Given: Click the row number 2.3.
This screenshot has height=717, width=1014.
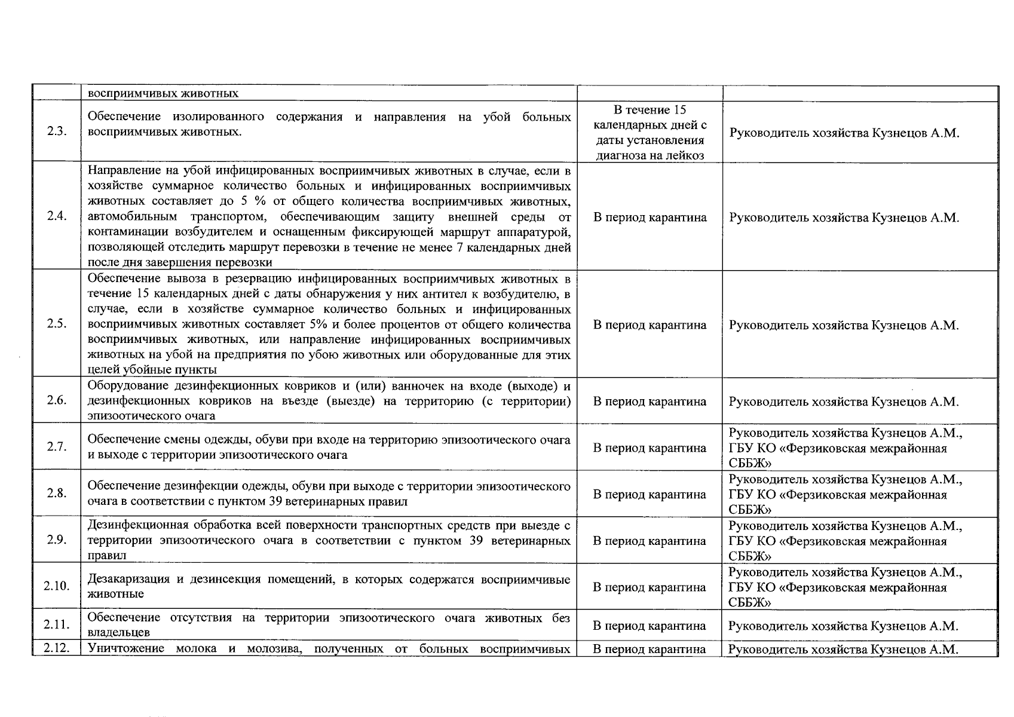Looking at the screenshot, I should tap(56, 132).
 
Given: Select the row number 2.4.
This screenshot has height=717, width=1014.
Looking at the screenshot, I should tap(56, 216).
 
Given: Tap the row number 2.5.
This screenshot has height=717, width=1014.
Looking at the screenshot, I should tap(56, 324).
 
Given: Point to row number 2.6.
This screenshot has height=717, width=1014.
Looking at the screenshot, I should tap(56, 400).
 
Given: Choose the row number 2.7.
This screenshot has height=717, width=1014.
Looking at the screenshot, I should tap(56, 447).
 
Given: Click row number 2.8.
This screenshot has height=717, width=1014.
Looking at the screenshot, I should tap(56, 494).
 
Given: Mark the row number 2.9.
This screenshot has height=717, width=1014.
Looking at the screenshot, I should tap(56, 540).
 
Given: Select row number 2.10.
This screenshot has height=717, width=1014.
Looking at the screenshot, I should tap(56, 586).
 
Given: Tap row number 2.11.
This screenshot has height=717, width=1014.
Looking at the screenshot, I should tap(56, 625).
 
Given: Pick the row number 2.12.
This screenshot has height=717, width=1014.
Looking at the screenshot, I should tap(56, 648).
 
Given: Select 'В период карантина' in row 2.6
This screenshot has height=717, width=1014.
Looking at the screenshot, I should tap(650, 402).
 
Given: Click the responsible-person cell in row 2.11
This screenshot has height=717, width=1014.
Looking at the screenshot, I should tap(844, 626).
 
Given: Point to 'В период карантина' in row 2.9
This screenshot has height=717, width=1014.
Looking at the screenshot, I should tap(650, 541).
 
